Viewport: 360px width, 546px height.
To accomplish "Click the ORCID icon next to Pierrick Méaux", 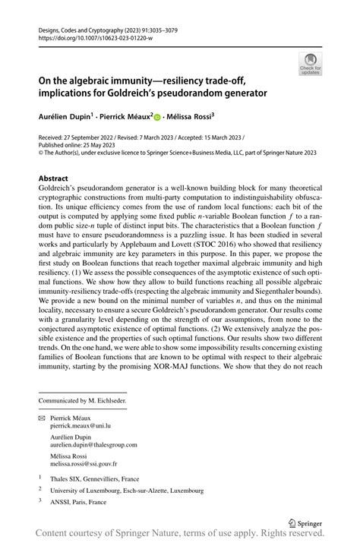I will [x=156, y=118].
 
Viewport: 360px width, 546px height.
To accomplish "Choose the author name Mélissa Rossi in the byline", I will [x=190, y=118].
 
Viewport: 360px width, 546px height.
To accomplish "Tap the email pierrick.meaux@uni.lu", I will [x=90, y=427].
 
